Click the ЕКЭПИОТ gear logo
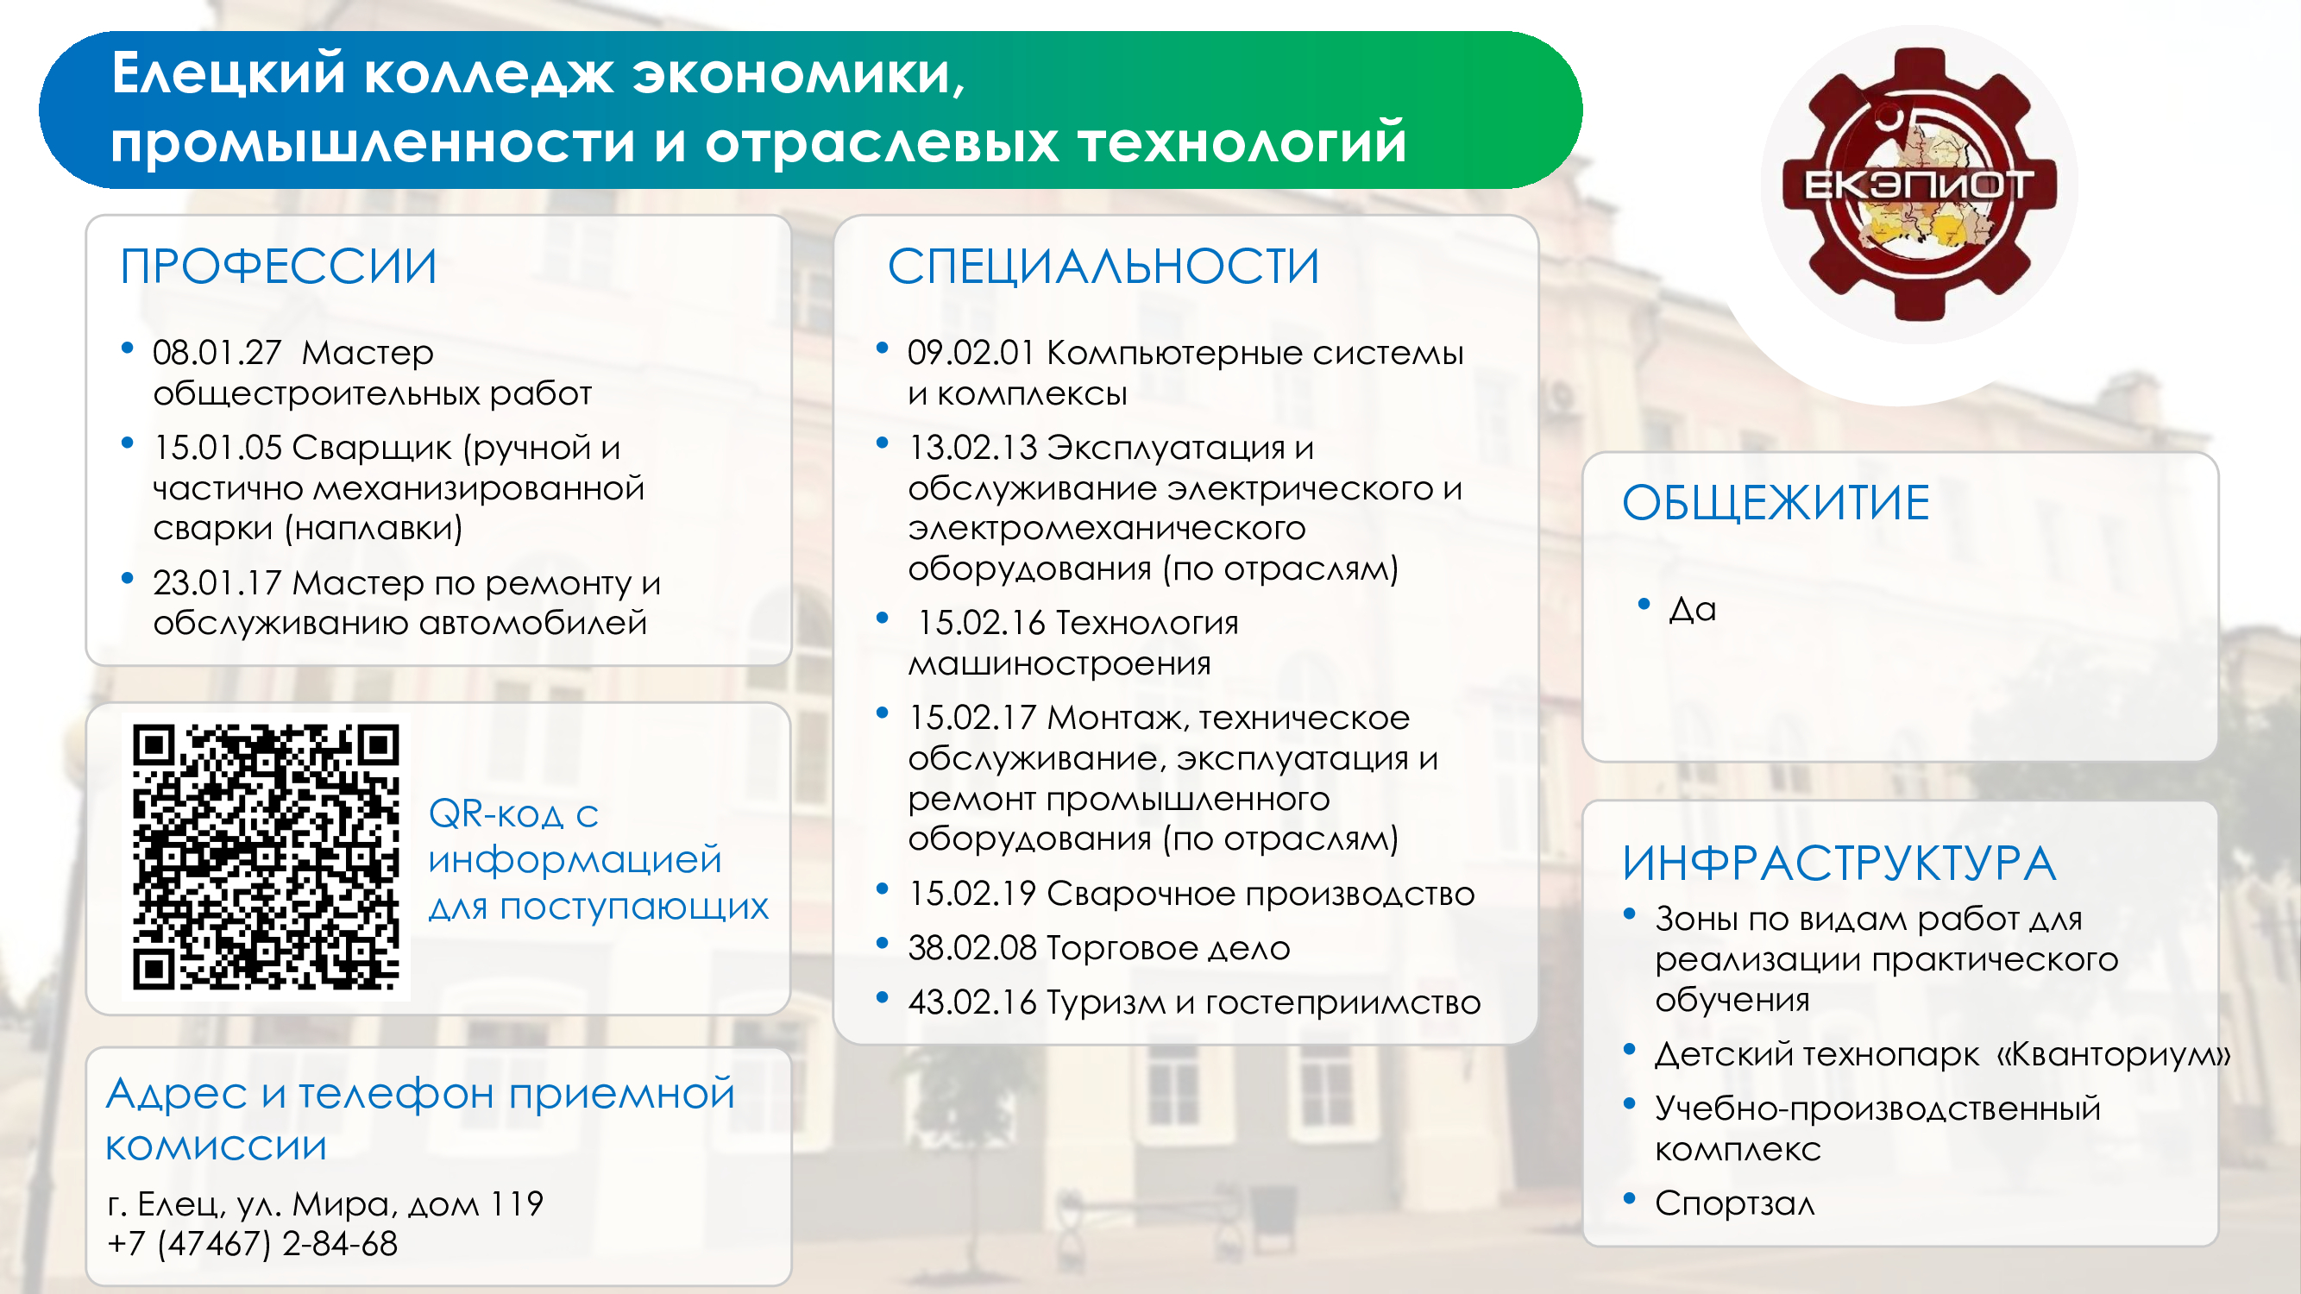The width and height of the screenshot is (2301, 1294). pos(1920,184)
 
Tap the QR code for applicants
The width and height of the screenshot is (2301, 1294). pos(267,857)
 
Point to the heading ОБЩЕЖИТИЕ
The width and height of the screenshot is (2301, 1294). pos(1776,503)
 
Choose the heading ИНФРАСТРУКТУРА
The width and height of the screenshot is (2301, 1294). pos(1839,863)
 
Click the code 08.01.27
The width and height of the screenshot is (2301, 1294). pos(217,353)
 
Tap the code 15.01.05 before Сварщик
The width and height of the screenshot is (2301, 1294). pos(217,448)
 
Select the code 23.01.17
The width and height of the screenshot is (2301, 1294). pos(217,583)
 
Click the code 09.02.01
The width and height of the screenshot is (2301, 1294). pos(971,353)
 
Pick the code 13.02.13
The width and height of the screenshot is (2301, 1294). pos(971,448)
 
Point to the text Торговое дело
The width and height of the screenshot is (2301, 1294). pos(1168,947)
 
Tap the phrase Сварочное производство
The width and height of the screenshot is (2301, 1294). pos(1261,894)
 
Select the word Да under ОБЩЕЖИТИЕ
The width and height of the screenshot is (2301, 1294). pos(1693,609)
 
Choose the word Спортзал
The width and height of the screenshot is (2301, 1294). pos(1735,1203)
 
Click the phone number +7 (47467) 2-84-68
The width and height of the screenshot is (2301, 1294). pos(252,1244)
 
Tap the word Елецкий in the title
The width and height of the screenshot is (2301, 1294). pos(229,73)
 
